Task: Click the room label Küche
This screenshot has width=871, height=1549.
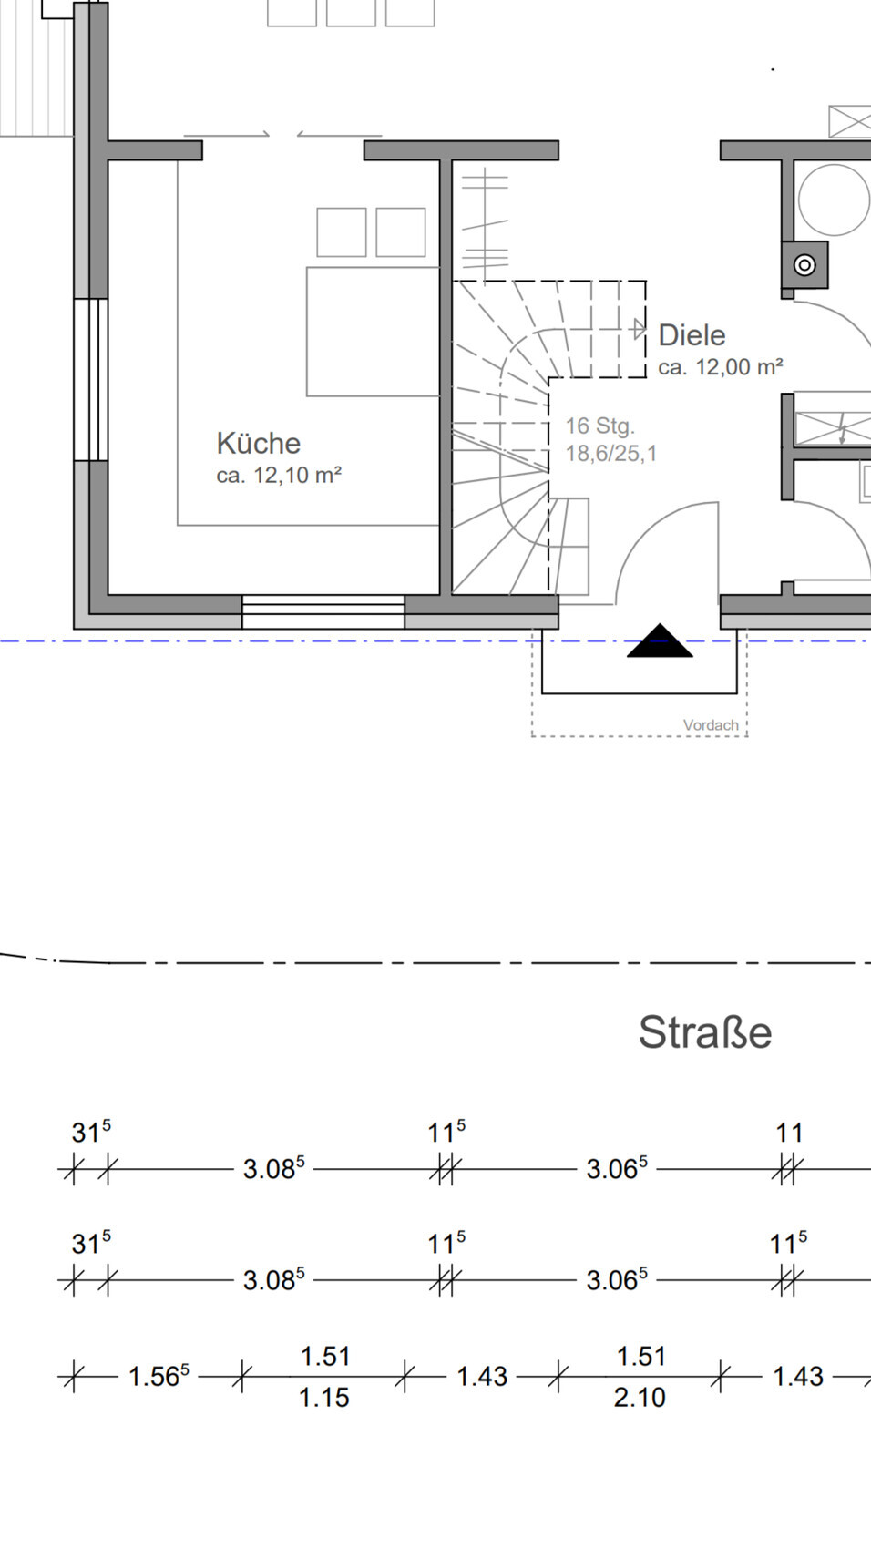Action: [x=258, y=443]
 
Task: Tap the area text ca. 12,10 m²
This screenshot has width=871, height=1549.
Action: [x=279, y=475]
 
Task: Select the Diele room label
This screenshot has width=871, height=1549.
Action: [x=692, y=335]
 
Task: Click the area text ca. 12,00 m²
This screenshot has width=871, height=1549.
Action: [x=720, y=367]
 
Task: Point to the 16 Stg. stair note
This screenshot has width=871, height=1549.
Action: [x=599, y=426]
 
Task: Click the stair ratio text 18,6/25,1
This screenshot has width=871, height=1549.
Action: [x=610, y=453]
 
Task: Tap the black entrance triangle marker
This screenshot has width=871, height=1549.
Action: [x=660, y=641]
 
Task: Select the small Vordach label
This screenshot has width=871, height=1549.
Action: [x=711, y=725]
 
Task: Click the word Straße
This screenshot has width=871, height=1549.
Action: [x=704, y=1032]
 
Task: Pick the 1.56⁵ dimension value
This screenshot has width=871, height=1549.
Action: [x=159, y=1376]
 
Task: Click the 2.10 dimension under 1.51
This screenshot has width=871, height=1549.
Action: [x=640, y=1397]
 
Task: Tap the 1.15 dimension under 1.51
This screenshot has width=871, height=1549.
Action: [x=324, y=1397]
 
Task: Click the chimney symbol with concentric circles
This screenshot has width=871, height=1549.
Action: [x=804, y=265]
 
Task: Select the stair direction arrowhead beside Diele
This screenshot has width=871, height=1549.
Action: [x=640, y=329]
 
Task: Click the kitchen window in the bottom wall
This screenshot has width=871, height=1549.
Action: [x=323, y=611]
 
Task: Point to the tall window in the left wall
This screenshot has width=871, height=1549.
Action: [x=91, y=379]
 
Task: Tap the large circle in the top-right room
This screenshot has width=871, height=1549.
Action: [x=834, y=200]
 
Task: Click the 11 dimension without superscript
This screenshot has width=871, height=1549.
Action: [x=789, y=1134]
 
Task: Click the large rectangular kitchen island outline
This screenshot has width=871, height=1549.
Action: [x=373, y=332]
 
